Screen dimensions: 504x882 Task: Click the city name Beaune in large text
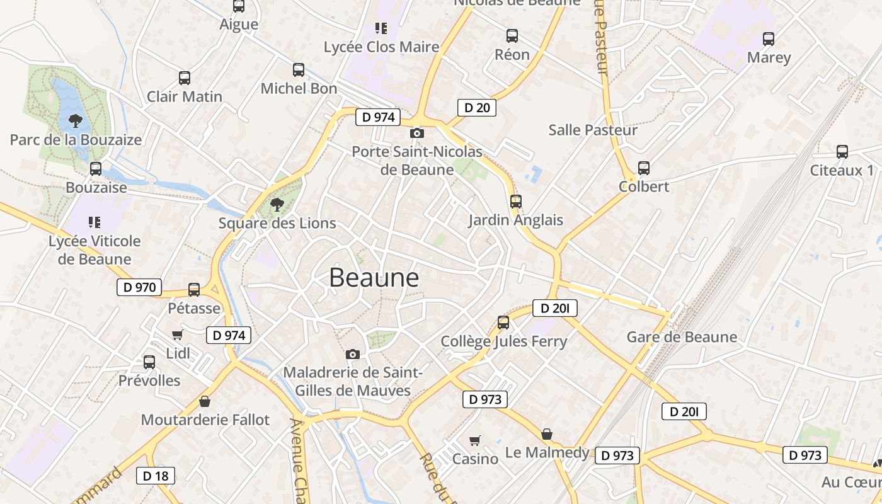click(x=374, y=278)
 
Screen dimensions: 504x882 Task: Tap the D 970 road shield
click(x=139, y=287)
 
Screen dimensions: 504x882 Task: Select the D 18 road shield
click(x=156, y=476)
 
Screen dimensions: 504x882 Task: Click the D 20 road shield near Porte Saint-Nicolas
click(x=477, y=108)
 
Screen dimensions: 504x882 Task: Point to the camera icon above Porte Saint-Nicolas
click(x=416, y=133)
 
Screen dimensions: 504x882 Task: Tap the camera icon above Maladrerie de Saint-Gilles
click(x=353, y=354)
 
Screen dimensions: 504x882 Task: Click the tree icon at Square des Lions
click(x=277, y=204)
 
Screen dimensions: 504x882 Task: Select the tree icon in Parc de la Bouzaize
click(x=76, y=120)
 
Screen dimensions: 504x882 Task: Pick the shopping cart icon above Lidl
click(x=177, y=335)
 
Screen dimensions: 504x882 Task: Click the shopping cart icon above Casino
click(x=475, y=440)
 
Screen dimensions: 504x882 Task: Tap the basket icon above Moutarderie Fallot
click(x=205, y=401)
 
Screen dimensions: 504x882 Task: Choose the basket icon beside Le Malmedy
click(x=547, y=434)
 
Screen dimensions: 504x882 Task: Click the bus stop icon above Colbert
click(x=643, y=168)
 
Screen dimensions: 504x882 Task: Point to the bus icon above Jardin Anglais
click(x=516, y=202)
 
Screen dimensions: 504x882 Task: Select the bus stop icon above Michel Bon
click(x=299, y=70)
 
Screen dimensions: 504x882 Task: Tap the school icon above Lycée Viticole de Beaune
click(x=94, y=222)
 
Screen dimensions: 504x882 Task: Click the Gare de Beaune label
click(x=682, y=337)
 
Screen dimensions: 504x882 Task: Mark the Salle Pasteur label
click(x=593, y=130)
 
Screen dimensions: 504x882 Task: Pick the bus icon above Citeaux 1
click(x=842, y=152)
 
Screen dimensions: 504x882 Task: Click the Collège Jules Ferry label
click(x=504, y=341)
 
